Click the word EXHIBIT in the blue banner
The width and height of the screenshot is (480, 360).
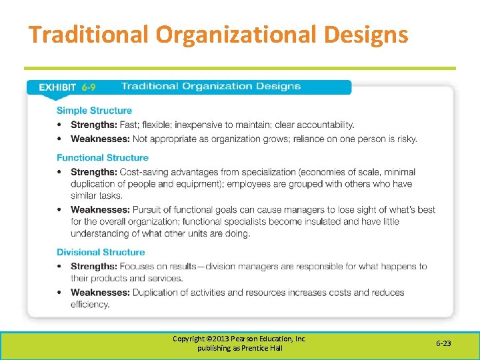[x=58, y=87]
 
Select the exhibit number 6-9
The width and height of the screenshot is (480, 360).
[x=89, y=87]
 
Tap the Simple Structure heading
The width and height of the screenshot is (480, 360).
[x=94, y=111]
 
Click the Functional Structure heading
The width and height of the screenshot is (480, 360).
[x=102, y=158]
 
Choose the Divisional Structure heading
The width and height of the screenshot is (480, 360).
[x=100, y=253]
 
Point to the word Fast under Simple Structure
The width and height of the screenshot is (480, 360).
[x=129, y=125]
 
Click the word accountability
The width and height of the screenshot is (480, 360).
[x=326, y=125]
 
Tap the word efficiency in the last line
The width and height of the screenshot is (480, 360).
[x=91, y=305]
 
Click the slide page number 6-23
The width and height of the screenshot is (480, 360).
[x=443, y=344]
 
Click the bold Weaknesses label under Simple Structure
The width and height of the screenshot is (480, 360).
[x=100, y=139]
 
